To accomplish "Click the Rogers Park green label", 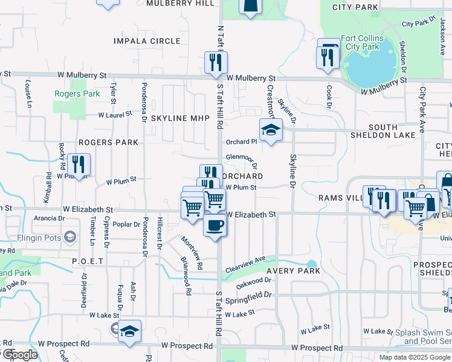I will pos(77,94).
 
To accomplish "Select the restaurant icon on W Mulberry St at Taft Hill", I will pos(216,62).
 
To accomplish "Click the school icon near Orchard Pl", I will pos(271,129).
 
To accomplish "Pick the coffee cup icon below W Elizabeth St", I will pos(216,226).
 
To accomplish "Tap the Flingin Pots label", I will pos(40,238).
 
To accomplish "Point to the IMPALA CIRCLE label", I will pos(147,41).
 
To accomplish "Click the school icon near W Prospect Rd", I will pos(129,331).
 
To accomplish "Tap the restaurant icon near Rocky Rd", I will pos(79,164).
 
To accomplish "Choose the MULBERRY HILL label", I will pos(179,3).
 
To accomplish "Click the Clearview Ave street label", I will pos(246,264).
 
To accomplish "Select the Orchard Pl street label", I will pos(242,142).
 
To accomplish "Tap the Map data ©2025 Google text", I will pos(414,357).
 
